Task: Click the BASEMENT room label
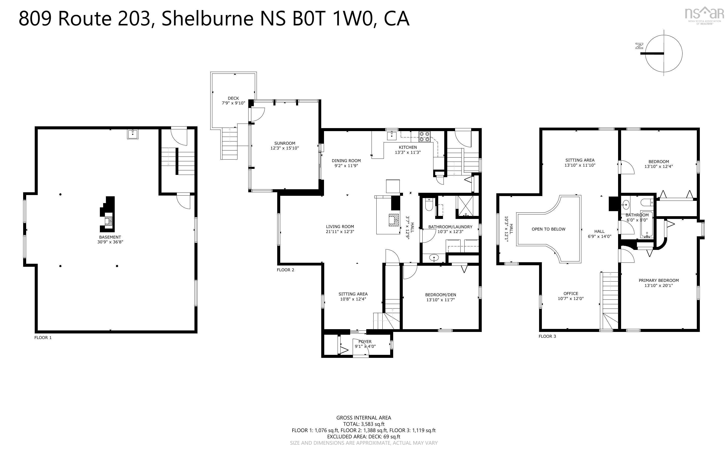coord(110,237)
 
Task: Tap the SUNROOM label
coord(285,143)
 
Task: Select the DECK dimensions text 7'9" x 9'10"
coord(233,103)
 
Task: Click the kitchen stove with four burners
coord(425,137)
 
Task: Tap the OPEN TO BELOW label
coord(548,229)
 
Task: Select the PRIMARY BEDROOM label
coord(659,280)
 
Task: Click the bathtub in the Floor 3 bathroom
coord(646,224)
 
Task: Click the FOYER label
coord(365,342)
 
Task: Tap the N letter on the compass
coord(639,46)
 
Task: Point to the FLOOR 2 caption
coord(285,270)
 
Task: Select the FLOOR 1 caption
coord(43,338)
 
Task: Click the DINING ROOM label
coord(346,161)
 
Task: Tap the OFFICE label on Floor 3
coord(571,293)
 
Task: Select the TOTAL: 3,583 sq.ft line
coord(364,424)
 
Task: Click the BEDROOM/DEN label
coord(440,295)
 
